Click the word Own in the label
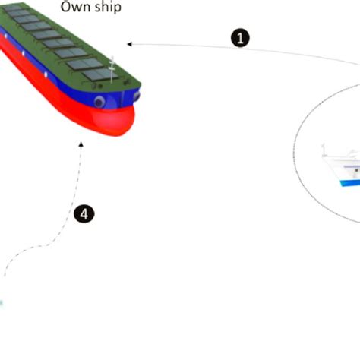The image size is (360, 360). click(x=75, y=7)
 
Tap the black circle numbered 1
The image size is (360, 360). click(x=240, y=38)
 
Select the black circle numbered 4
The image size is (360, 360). click(x=84, y=214)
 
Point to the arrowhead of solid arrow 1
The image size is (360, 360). click(x=129, y=44)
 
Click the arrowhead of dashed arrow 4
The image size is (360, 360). click(x=81, y=144)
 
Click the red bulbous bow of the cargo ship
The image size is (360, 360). click(x=113, y=120)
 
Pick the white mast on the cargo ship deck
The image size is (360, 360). click(x=112, y=70)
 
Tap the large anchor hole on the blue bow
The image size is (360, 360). click(x=99, y=102)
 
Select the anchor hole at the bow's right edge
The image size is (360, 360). click(x=137, y=96)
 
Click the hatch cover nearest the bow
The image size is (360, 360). click(x=100, y=74)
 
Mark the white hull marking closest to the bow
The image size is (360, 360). click(x=46, y=74)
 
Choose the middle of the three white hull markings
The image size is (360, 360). click(x=24, y=53)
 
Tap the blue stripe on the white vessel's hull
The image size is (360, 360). click(x=350, y=183)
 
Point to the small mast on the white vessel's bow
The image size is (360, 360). click(x=324, y=150)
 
